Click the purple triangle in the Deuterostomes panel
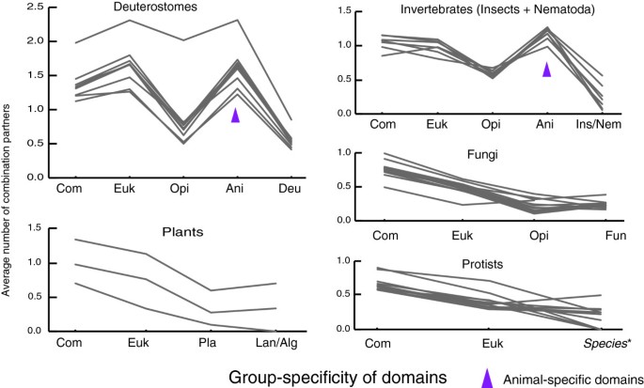(x=236, y=115)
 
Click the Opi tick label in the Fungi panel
(x=534, y=234)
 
